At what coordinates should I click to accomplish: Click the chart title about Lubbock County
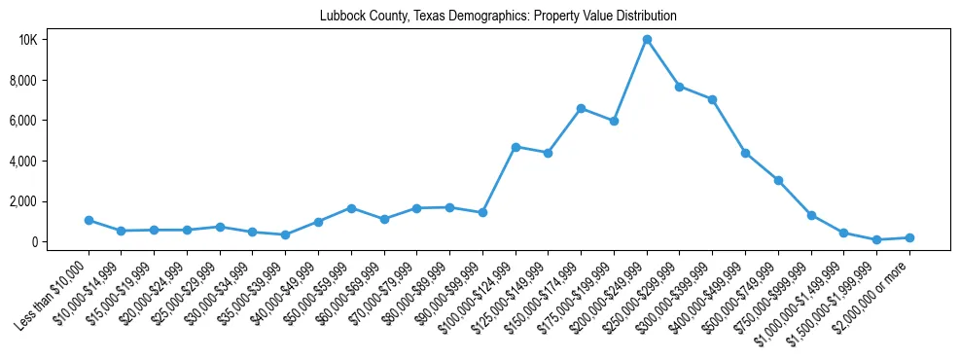pos(498,17)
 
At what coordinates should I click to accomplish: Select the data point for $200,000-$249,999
pos(647,40)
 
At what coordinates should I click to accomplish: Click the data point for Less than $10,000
pos(89,220)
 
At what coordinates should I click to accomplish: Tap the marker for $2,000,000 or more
pos(909,237)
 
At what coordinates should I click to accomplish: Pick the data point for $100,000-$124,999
pos(516,147)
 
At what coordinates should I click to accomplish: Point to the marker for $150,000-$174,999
pos(581,108)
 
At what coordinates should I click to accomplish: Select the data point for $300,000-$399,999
pos(712,99)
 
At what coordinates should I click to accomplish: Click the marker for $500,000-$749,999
pos(778,180)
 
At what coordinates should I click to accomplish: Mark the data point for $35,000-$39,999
pos(285,234)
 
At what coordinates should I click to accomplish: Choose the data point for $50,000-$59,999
pos(351,208)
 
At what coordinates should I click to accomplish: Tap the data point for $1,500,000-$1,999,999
pos(876,239)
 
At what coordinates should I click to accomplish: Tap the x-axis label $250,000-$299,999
pos(642,293)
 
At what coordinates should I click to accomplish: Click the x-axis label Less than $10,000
pos(56,291)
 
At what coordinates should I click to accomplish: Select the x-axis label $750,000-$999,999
pos(774,293)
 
